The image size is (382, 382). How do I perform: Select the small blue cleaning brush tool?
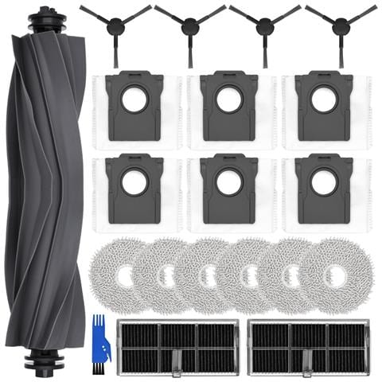(x=99, y=340)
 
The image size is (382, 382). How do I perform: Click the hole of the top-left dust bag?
(x=134, y=101)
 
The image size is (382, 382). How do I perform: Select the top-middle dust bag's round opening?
(x=228, y=101)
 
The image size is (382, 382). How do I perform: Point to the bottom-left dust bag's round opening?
(x=134, y=183)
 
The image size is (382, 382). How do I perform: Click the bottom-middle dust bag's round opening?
(x=228, y=183)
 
